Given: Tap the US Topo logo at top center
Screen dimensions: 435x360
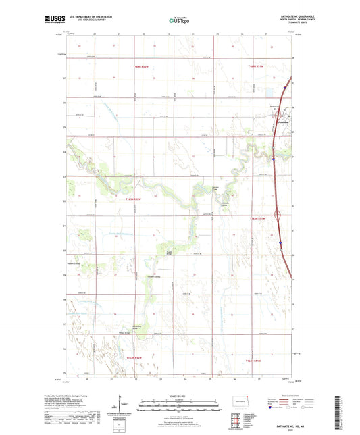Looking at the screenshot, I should click(179, 21).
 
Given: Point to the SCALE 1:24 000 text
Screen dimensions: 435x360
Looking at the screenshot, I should click(179, 396).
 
